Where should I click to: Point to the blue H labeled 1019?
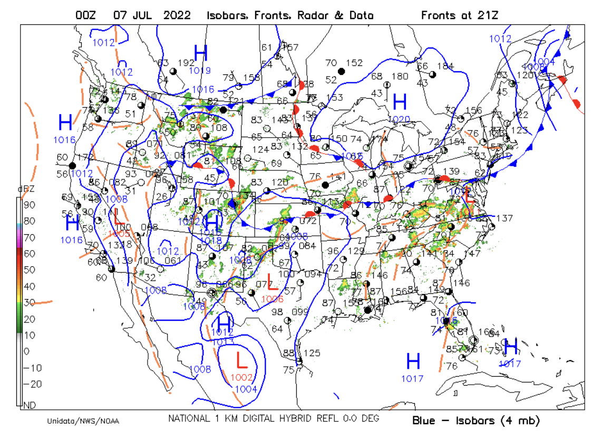pos(201,53)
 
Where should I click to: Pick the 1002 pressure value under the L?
pos(242,377)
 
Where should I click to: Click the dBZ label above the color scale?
pos(24,189)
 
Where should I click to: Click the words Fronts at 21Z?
pos(459,15)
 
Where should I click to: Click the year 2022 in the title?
pos(177,15)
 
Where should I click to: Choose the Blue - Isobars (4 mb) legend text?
pos(476,420)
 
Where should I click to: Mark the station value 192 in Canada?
pos(186,62)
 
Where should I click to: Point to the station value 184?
pos(445,66)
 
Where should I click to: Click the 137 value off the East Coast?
pos(504,218)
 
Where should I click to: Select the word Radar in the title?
pos(313,15)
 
